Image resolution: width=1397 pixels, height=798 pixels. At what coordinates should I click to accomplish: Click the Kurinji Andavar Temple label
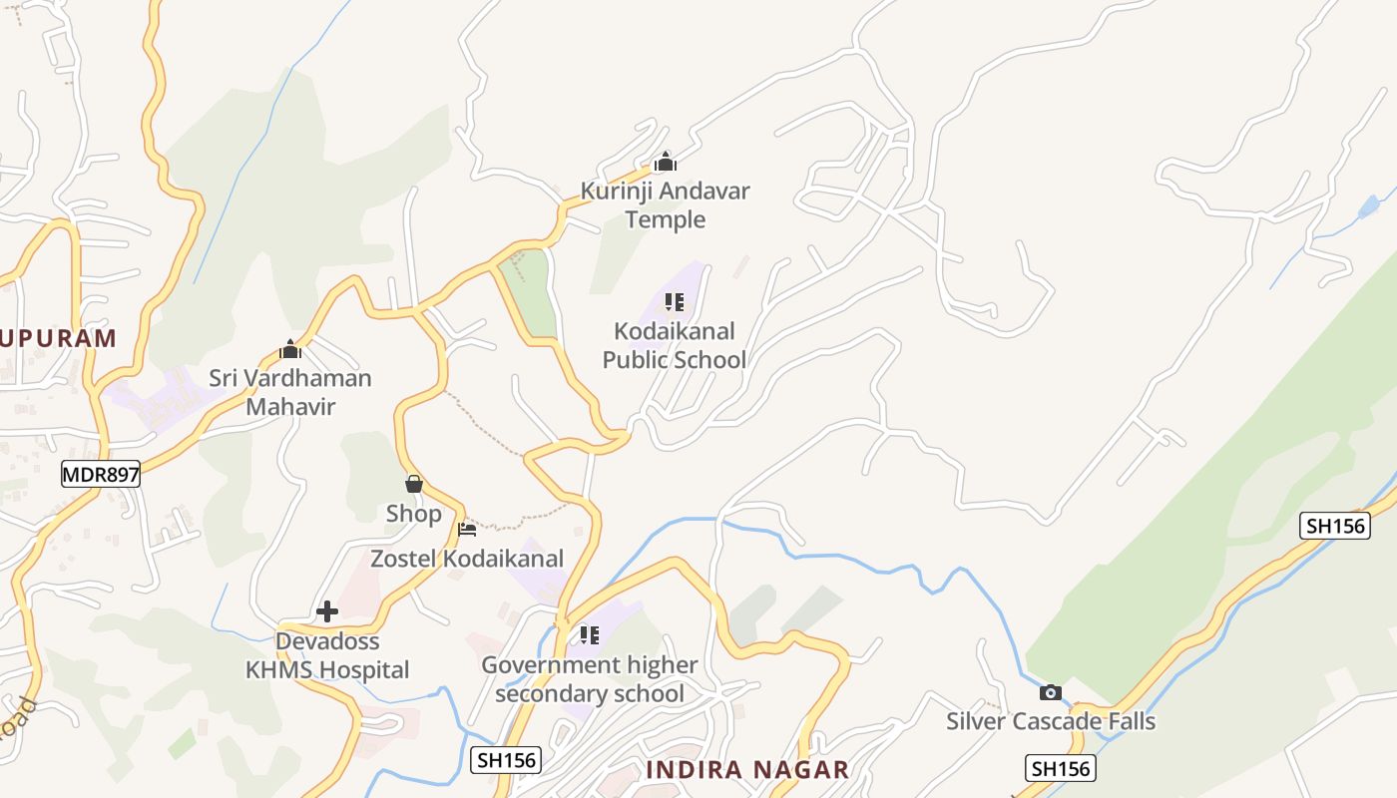point(666,204)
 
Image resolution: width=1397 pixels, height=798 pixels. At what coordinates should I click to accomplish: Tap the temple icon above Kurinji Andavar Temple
point(666,162)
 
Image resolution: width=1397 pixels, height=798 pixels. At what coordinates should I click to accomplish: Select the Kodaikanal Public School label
point(675,345)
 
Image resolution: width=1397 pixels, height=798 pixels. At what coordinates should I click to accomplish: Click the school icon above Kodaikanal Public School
point(675,301)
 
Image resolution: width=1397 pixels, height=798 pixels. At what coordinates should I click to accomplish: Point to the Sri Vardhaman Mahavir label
point(290,392)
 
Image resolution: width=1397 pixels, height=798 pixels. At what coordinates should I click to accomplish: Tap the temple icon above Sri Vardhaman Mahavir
point(290,350)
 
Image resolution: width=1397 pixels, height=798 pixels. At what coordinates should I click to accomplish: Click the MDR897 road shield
point(101,475)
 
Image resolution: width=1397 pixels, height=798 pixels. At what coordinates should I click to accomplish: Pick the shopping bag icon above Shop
point(414,485)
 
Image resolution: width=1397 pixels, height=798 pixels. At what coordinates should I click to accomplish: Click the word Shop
point(414,514)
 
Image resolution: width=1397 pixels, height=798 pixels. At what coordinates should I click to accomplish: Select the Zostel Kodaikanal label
point(467,559)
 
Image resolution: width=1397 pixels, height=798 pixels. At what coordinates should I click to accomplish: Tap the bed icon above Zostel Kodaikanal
point(467,529)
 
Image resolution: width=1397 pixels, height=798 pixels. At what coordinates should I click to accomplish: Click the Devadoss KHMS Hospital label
point(327,655)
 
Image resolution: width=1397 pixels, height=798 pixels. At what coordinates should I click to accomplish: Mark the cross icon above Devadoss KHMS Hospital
point(327,611)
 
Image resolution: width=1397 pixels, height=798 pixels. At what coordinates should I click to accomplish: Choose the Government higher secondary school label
point(590,678)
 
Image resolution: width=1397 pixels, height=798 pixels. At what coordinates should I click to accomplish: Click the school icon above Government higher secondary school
point(590,634)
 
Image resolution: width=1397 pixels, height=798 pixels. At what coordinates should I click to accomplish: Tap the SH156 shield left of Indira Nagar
point(506,760)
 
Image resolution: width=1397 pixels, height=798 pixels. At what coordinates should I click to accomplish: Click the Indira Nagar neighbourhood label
point(747,770)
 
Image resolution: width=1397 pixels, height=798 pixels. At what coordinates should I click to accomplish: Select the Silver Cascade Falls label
point(1051,721)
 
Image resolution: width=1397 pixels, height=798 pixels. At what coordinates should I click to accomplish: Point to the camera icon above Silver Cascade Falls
point(1051,692)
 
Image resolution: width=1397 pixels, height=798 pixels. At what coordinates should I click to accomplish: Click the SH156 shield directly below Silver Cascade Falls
point(1060,768)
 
